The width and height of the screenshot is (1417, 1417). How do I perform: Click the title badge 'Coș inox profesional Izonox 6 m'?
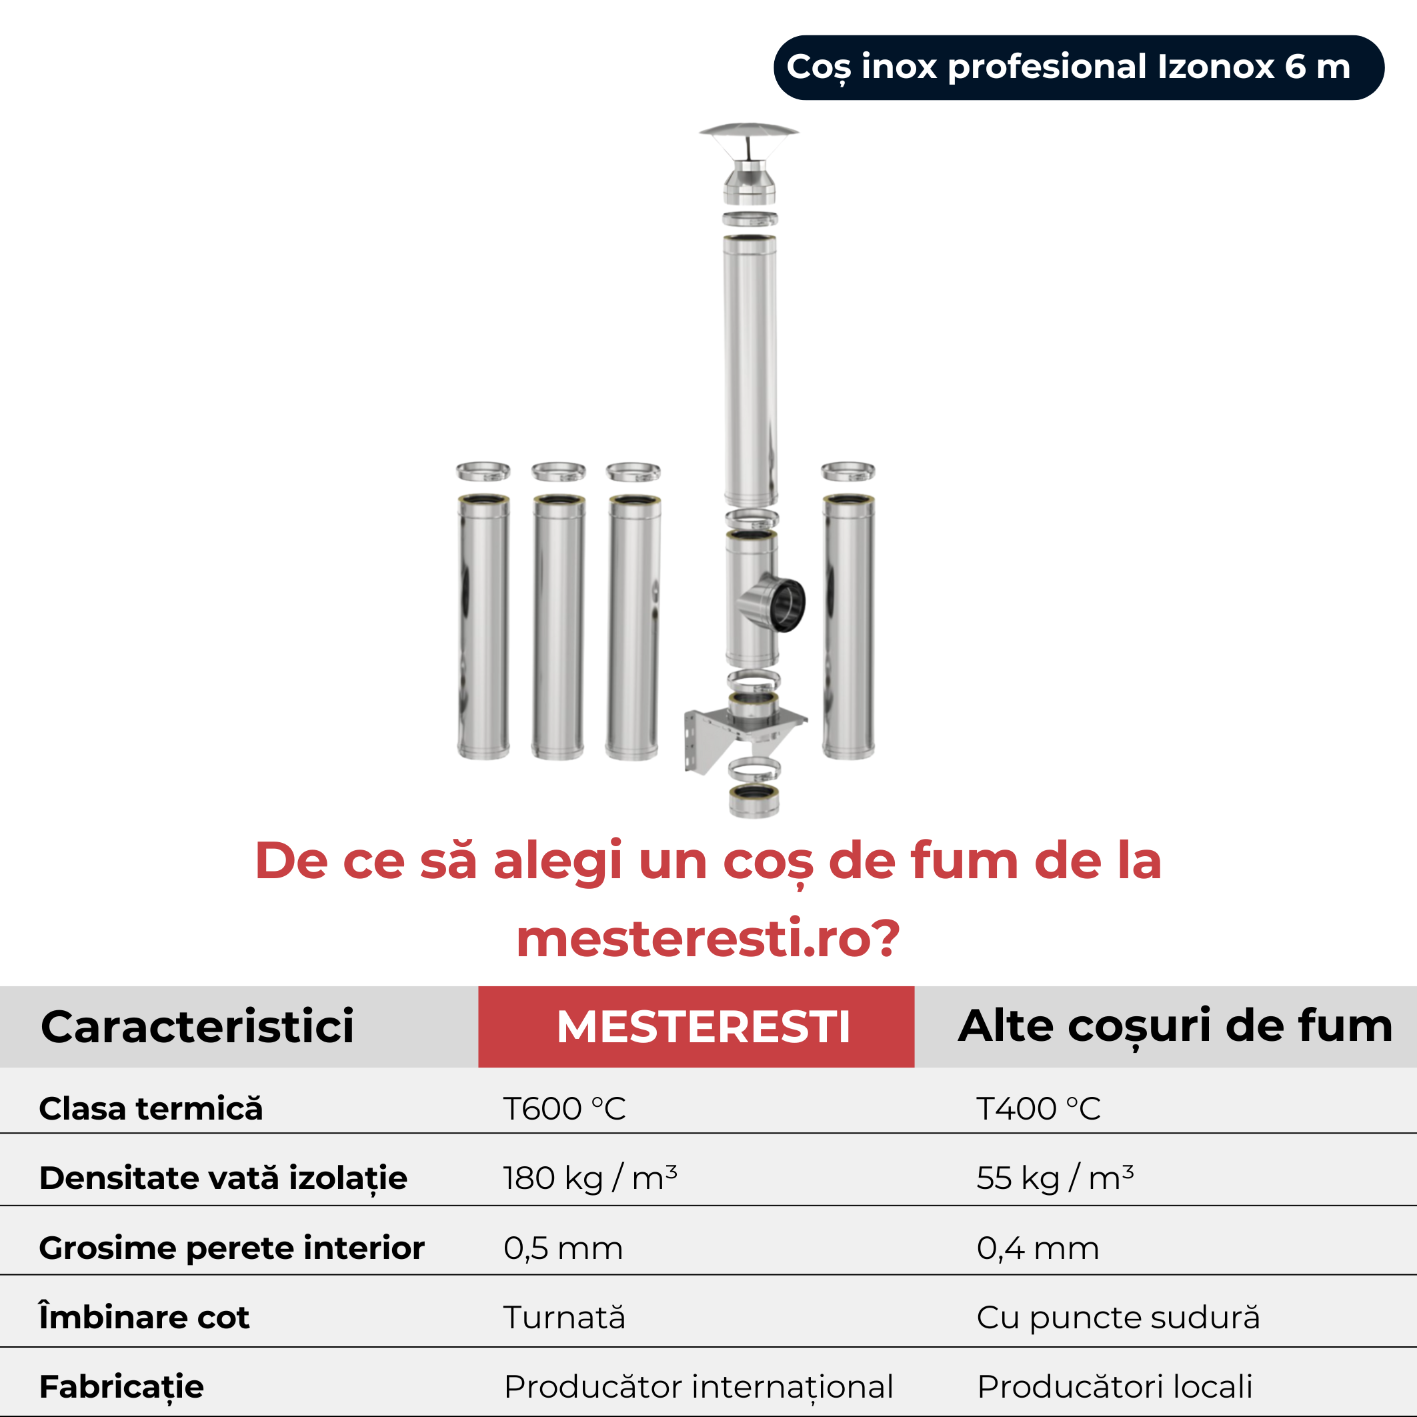(1079, 67)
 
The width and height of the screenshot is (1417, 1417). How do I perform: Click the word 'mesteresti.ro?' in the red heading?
(708, 939)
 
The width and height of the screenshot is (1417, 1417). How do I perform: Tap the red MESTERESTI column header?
(696, 1026)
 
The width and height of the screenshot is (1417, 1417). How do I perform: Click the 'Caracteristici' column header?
(197, 1026)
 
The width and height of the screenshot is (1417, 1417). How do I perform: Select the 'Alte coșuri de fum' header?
(1175, 1026)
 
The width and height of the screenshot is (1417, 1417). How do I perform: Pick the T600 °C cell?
(564, 1108)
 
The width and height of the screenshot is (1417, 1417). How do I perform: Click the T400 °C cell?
(1038, 1108)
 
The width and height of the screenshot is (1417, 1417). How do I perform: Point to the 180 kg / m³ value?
(589, 1178)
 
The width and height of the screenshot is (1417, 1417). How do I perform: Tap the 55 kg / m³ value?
(1055, 1178)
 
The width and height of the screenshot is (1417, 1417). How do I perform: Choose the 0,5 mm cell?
(563, 1248)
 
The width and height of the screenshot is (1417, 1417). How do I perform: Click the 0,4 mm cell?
(1038, 1248)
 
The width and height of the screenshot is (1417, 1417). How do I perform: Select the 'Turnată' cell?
(564, 1317)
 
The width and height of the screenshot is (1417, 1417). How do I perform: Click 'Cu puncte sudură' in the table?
(1118, 1317)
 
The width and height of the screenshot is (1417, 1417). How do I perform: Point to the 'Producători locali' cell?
(1115, 1387)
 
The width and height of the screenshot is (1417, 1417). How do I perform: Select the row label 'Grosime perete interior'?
(232, 1248)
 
